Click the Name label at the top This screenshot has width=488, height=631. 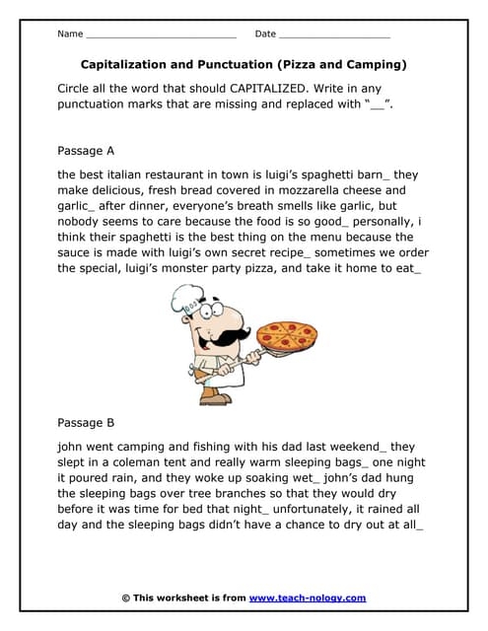(70, 35)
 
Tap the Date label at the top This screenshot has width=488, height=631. (265, 35)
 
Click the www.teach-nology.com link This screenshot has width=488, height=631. (308, 597)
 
